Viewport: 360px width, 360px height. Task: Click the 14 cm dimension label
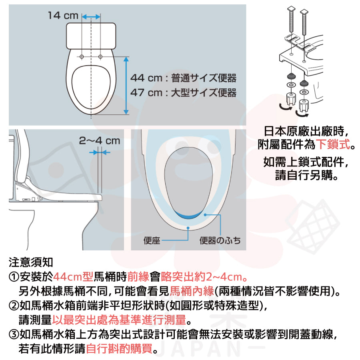[63, 16]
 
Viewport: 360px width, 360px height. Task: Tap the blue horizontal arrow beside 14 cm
[91, 17]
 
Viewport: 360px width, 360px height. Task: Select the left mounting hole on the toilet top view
[82, 56]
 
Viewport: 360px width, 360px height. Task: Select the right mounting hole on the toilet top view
[100, 56]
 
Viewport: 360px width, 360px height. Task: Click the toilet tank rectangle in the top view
[91, 36]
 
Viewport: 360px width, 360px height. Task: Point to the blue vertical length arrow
[126, 86]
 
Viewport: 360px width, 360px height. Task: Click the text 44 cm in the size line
[146, 78]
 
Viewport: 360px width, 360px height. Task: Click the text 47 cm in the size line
[146, 93]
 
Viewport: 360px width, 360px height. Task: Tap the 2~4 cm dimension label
[100, 141]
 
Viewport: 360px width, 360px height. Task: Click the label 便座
[152, 240]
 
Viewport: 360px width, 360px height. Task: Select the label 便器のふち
[220, 240]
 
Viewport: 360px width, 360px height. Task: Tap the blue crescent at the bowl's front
[188, 215]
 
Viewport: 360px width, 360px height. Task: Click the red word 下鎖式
[333, 144]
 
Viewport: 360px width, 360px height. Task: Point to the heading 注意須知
[31, 262]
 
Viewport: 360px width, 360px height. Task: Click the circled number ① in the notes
[14, 277]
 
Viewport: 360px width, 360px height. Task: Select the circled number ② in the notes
[14, 306]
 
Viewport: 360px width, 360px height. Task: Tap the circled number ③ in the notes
[14, 334]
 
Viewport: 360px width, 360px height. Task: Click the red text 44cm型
[73, 277]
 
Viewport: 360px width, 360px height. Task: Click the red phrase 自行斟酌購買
[119, 348]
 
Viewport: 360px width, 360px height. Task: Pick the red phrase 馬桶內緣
[192, 291]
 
